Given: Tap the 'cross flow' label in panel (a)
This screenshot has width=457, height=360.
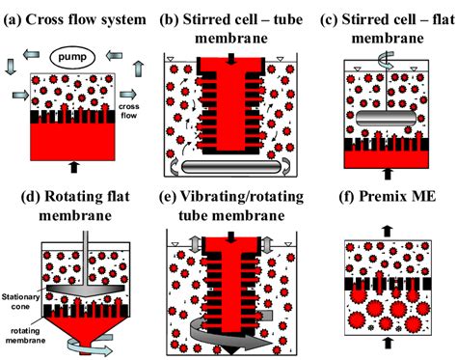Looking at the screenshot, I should point(128,108).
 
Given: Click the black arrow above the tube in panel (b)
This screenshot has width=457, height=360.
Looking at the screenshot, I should point(230,62).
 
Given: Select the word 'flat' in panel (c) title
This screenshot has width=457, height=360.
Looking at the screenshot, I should point(416,18).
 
